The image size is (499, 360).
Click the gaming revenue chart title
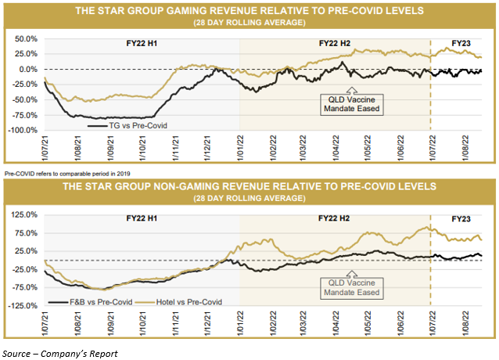click(x=249, y=11)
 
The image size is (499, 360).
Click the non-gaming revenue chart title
click(x=249, y=187)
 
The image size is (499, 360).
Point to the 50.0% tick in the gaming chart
click(x=26, y=38)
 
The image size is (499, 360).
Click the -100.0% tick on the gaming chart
click(x=23, y=130)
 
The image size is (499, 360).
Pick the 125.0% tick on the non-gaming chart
click(x=26, y=214)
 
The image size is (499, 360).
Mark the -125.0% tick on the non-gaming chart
click(x=23, y=306)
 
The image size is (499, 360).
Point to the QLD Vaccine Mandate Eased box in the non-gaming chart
click(x=353, y=286)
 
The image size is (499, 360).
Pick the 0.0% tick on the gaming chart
click(x=28, y=69)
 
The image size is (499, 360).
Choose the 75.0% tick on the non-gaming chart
click(x=27, y=232)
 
